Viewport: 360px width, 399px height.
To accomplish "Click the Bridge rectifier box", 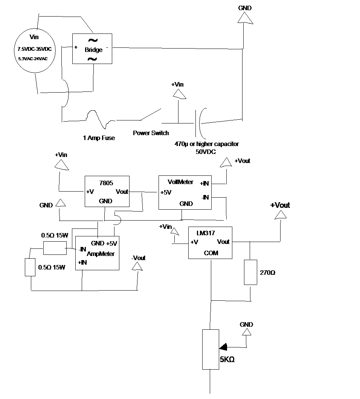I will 92,48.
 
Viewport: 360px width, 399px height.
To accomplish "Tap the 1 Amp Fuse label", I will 99,138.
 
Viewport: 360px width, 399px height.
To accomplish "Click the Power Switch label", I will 151,133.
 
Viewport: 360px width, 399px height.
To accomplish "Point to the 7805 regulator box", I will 107,191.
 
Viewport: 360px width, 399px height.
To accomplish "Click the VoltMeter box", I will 185,192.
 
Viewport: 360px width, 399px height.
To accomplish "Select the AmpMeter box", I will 97,253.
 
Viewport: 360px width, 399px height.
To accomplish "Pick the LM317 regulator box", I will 210,242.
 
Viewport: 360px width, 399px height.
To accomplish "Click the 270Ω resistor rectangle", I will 250,272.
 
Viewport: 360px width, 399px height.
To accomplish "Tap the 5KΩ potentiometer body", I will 211,349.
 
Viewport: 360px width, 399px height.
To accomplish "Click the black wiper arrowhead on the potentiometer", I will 224,346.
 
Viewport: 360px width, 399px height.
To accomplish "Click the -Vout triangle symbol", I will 137,266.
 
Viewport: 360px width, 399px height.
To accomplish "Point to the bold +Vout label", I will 280,206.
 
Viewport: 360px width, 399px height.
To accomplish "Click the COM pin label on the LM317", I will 211,253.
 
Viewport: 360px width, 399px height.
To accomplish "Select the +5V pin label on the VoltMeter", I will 166,192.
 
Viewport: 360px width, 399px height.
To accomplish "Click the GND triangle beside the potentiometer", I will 246,332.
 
